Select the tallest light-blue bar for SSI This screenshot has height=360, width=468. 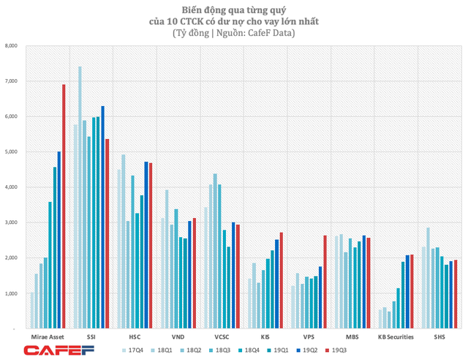pos(80,198)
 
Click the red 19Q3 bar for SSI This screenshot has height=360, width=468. pos(107,234)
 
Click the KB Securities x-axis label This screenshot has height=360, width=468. pos(396,337)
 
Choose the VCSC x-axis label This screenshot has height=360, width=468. pos(221,337)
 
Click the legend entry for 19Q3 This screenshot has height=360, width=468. pos(339,350)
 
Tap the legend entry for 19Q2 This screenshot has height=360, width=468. pos(310,350)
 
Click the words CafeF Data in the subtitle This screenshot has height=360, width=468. pos(274,33)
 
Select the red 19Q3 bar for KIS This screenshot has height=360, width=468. pos(282,281)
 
